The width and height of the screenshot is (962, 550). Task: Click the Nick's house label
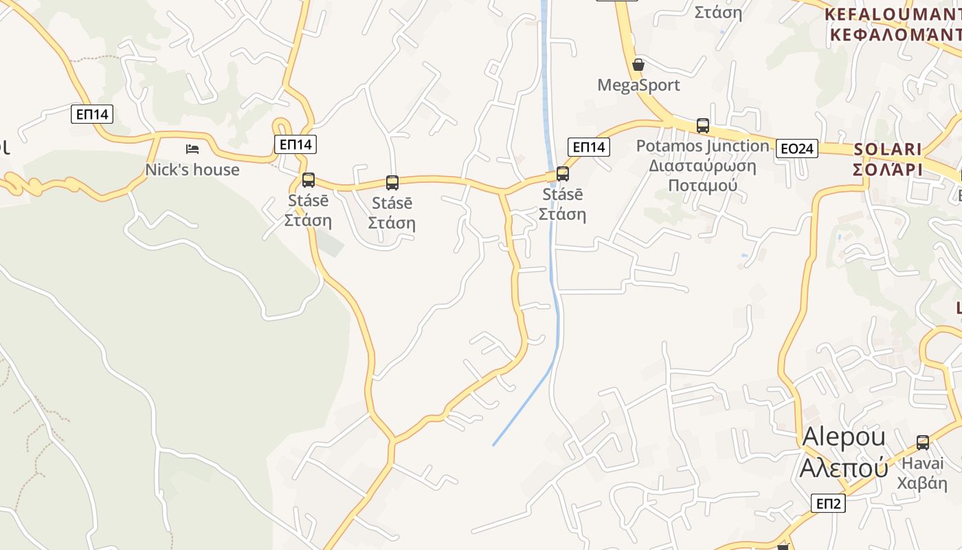click(x=192, y=170)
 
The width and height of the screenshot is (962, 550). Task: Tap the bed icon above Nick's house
click(x=192, y=149)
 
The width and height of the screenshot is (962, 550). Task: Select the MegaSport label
click(x=638, y=85)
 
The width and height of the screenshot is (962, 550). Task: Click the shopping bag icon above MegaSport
click(x=638, y=65)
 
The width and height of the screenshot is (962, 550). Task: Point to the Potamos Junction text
click(x=702, y=146)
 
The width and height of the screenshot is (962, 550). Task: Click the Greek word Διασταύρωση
click(x=702, y=166)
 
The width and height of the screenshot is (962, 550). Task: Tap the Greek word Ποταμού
click(x=702, y=186)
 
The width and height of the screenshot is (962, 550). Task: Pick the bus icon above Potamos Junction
click(x=702, y=126)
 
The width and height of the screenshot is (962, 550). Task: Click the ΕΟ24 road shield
click(x=797, y=148)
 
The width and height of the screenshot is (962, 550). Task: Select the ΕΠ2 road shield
click(x=828, y=503)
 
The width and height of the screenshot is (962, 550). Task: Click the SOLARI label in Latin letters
click(x=887, y=149)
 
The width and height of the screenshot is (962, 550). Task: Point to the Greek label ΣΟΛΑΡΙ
click(x=887, y=169)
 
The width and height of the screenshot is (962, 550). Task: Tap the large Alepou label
click(x=844, y=437)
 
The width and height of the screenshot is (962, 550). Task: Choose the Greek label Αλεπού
click(x=844, y=467)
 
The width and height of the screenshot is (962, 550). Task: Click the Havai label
click(x=922, y=463)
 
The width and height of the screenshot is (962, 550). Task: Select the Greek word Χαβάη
click(x=922, y=482)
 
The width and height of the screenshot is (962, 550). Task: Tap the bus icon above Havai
click(x=922, y=443)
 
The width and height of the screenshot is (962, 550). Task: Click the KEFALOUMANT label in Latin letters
click(x=893, y=14)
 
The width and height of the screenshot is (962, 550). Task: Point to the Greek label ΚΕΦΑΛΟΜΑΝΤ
click(x=893, y=34)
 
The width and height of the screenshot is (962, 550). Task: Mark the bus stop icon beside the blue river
click(x=563, y=174)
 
